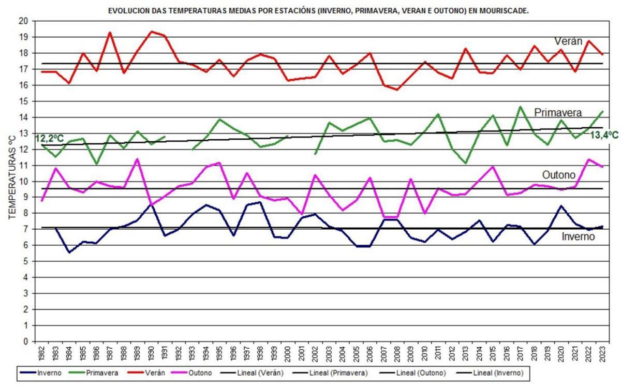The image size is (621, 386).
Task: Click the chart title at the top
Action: point(318,10)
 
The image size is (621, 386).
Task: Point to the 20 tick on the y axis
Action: point(23,21)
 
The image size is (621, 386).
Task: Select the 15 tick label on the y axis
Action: point(23,101)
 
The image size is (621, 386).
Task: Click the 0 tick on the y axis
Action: point(25,342)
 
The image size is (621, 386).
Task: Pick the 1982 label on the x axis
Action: point(42,355)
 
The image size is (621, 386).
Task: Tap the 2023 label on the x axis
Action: point(602,355)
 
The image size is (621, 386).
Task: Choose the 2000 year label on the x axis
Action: point(288,355)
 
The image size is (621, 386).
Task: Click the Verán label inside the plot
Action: point(568,41)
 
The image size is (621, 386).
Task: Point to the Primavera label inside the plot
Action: point(558,112)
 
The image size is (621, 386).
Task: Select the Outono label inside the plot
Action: point(559,174)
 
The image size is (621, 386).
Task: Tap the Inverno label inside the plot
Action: point(578,237)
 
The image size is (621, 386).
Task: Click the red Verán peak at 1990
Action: point(151,32)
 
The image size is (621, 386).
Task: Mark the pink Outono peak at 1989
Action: point(137,158)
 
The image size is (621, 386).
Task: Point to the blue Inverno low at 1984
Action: point(69,253)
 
